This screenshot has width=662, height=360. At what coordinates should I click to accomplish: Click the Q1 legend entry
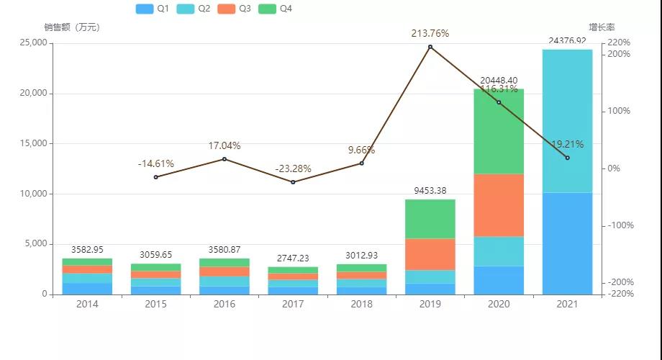click(x=153, y=9)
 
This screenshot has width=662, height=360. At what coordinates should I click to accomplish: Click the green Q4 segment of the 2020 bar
click(x=499, y=131)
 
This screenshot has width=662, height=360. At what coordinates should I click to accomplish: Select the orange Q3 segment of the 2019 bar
click(x=430, y=254)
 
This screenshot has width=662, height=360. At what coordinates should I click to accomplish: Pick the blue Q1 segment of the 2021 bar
click(x=567, y=243)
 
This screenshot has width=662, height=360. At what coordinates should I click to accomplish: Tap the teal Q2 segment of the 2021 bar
click(x=567, y=121)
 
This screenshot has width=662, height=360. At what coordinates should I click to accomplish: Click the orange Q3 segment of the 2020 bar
click(x=499, y=205)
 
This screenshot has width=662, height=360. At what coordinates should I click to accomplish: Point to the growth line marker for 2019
click(x=430, y=47)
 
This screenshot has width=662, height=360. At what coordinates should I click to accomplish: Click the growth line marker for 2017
click(x=293, y=182)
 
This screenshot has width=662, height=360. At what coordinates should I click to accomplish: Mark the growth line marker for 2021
click(x=567, y=158)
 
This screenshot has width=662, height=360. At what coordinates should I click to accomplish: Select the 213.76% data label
click(x=430, y=33)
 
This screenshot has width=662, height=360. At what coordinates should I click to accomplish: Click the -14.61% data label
click(x=156, y=163)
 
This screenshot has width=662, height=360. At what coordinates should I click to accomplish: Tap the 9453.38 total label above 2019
click(x=430, y=191)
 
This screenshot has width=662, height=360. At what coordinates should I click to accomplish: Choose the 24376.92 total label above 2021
click(x=567, y=41)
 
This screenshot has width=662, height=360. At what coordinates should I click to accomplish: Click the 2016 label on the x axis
click(x=225, y=305)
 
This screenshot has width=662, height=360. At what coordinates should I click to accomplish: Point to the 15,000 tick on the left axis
click(x=31, y=143)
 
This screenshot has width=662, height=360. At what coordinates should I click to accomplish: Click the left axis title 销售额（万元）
click(x=71, y=27)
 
